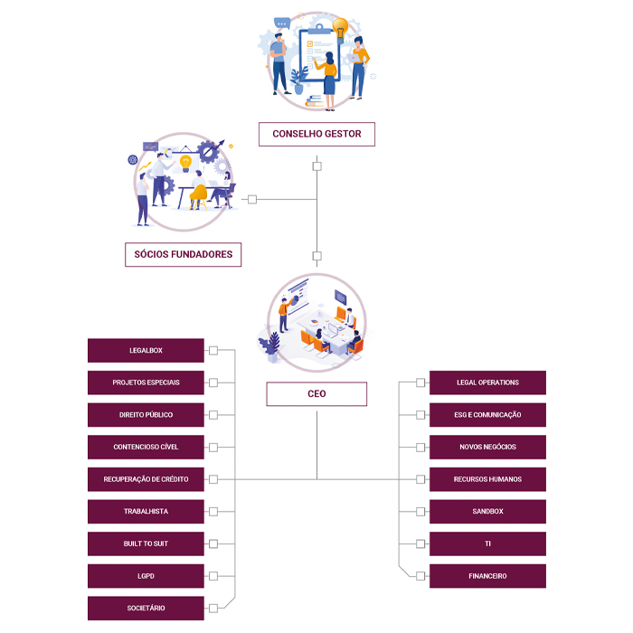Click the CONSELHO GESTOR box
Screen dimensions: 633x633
click(316, 134)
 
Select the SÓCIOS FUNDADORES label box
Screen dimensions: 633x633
click(184, 254)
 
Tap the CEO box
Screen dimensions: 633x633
click(316, 393)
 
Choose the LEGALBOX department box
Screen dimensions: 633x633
click(146, 350)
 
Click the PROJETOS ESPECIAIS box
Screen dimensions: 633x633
click(146, 383)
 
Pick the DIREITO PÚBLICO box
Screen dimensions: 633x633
click(146, 415)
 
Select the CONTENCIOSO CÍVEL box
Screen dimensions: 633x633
click(146, 447)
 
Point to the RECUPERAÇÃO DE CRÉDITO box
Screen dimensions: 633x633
click(146, 479)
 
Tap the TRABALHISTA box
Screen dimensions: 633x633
click(146, 512)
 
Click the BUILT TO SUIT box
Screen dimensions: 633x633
click(146, 543)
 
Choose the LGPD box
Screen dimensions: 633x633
click(146, 576)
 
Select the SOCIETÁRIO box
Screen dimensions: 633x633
click(146, 608)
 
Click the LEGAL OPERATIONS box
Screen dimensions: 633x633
click(487, 383)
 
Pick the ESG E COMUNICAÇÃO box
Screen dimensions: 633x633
click(487, 415)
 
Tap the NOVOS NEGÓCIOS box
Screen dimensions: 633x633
click(487, 447)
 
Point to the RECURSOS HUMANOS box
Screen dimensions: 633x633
click(487, 479)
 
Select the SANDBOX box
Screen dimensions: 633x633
click(487, 512)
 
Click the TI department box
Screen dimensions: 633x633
click(487, 543)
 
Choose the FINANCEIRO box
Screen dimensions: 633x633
click(487, 576)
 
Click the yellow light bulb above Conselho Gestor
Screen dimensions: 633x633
click(340, 27)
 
